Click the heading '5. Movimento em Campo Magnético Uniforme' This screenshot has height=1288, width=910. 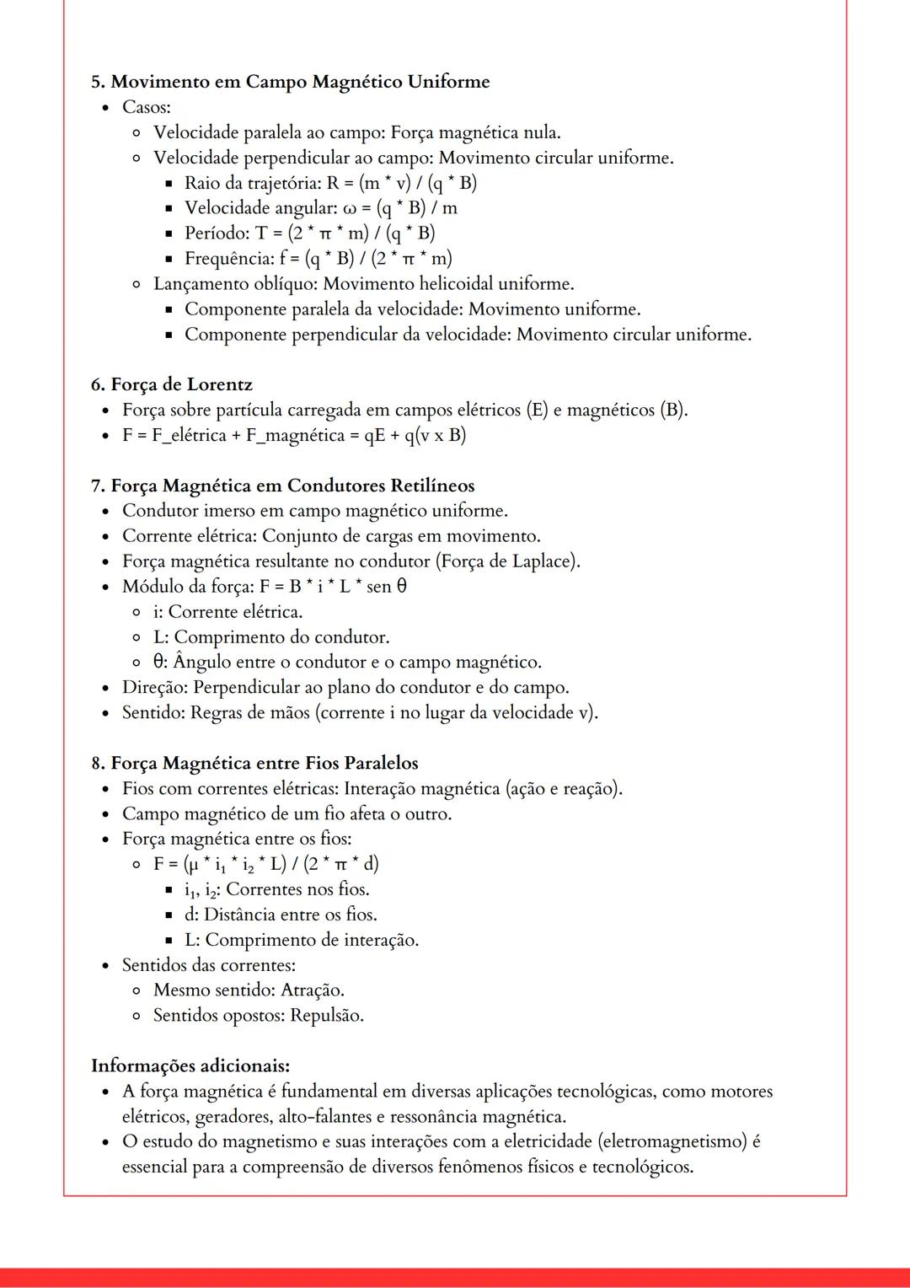click(290, 82)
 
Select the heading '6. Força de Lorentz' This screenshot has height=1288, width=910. click(172, 384)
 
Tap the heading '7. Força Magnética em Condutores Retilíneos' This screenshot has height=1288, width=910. click(283, 486)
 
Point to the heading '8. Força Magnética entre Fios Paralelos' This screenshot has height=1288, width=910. click(254, 763)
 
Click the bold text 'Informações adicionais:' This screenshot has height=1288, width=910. click(190, 1065)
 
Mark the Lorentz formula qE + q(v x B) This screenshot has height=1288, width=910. click(415, 435)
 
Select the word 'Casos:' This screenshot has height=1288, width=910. click(147, 107)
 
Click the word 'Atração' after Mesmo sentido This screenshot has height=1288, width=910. click(312, 990)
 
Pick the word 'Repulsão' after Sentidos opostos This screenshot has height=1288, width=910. click(327, 1015)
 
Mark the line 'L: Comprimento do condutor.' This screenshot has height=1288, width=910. click(271, 636)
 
